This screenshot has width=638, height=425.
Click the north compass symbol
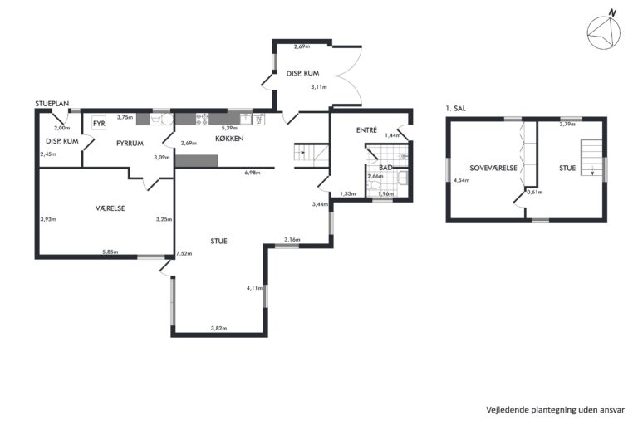pos(604,32)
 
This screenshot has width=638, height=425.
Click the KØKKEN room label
pos(229,139)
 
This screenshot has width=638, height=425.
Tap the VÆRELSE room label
pos(110,208)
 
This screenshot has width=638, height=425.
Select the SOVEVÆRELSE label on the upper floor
pos(493,168)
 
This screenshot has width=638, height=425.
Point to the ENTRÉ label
pos(366,130)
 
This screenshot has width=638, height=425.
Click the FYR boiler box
pos(100,123)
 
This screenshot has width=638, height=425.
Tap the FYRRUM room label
pos(130,143)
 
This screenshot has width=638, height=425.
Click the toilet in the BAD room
pos(374,185)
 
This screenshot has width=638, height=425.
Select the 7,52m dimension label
pos(184,254)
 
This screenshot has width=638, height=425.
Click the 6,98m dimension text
pos(253,173)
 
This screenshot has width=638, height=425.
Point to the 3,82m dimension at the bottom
pos(219,328)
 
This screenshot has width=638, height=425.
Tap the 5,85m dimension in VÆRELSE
pos(110,252)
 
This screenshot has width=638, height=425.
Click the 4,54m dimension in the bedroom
pos(461,180)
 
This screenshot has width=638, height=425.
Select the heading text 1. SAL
pos(456,109)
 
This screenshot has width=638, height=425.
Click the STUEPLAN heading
pos(52,104)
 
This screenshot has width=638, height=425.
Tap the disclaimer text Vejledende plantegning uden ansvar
pos(556,410)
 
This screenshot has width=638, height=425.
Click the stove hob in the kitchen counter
pos(202,119)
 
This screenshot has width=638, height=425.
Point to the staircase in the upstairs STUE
pos(591,158)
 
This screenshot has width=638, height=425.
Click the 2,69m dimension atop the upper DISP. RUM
pos(302,46)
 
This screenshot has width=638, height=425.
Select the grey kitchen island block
pos(197,161)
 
